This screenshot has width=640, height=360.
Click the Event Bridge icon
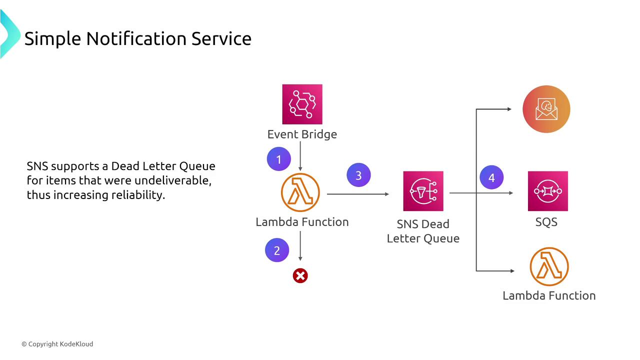pos(302,104)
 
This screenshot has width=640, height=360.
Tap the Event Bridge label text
pos(302,134)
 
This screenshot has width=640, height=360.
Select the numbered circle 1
pos(279,159)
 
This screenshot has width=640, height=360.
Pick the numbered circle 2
pos(277,250)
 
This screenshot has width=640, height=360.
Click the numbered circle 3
pos(358,175)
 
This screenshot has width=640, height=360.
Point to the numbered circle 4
pos(491,177)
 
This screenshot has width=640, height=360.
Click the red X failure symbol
pos(300,275)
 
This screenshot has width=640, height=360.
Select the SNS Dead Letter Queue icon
pos(423,191)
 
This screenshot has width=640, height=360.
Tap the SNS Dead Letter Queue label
pos(423,231)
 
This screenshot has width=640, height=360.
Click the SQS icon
pos(547,191)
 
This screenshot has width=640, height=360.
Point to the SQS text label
pos(546,222)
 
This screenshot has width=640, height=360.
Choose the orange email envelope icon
pos(546,109)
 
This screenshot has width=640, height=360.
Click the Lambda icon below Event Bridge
pos(300,192)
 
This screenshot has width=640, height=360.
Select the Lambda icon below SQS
pos(549,266)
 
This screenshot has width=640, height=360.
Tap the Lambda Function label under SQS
pos(549,295)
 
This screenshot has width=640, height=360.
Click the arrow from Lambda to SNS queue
pos(357,194)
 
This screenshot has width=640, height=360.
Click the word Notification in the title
pos(137,38)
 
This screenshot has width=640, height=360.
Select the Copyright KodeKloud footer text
pos(57,344)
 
